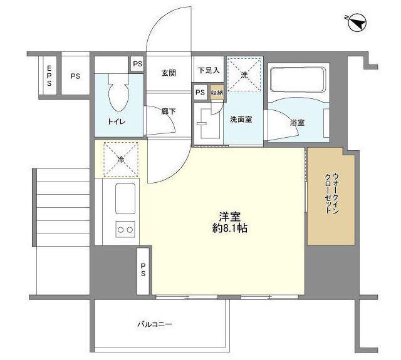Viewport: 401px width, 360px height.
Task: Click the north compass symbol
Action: (357, 23)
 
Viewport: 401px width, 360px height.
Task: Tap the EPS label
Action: (49, 76)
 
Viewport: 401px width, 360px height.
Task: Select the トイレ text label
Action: (117, 121)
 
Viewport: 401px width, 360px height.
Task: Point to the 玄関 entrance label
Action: (169, 73)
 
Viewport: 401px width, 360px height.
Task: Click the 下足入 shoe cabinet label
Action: (209, 70)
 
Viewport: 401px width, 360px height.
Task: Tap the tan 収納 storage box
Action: (217, 93)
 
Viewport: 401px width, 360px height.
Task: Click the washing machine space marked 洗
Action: (244, 75)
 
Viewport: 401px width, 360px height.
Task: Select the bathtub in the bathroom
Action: (298, 80)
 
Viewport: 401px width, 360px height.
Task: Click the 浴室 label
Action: (298, 123)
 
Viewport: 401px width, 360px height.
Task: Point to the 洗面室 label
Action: (241, 120)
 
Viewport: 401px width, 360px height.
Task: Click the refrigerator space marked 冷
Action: (121, 160)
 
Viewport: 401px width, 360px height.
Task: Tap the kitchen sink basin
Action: (125, 198)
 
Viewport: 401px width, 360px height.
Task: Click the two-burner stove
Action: (125, 229)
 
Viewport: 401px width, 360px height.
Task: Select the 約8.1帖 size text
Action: (230, 228)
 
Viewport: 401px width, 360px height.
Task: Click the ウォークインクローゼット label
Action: (331, 193)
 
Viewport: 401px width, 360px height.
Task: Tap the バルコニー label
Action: (155, 324)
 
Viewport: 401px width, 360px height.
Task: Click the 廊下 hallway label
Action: (169, 111)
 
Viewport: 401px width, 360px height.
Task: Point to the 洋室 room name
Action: (230, 217)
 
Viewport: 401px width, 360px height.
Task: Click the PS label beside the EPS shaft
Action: (75, 76)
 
